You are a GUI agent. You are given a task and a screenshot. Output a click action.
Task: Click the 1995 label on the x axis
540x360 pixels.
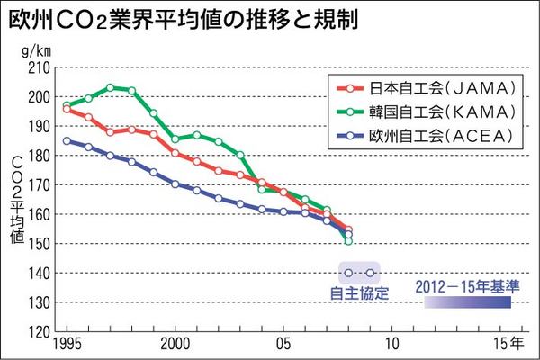click(x=67, y=344)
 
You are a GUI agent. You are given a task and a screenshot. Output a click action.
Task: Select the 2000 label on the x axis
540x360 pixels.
click(x=175, y=344)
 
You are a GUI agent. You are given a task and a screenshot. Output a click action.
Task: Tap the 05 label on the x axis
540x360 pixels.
click(x=283, y=344)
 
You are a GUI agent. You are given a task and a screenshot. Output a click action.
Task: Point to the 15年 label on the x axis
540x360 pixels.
click(x=504, y=344)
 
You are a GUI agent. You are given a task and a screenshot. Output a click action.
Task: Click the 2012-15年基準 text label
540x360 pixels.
click(x=467, y=287)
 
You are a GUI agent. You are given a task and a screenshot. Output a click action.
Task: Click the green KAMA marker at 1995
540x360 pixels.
click(x=67, y=105)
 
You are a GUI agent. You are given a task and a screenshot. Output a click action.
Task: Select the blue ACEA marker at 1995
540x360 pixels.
click(x=67, y=140)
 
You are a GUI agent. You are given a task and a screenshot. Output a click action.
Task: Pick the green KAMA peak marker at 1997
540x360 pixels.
click(x=110, y=87)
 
